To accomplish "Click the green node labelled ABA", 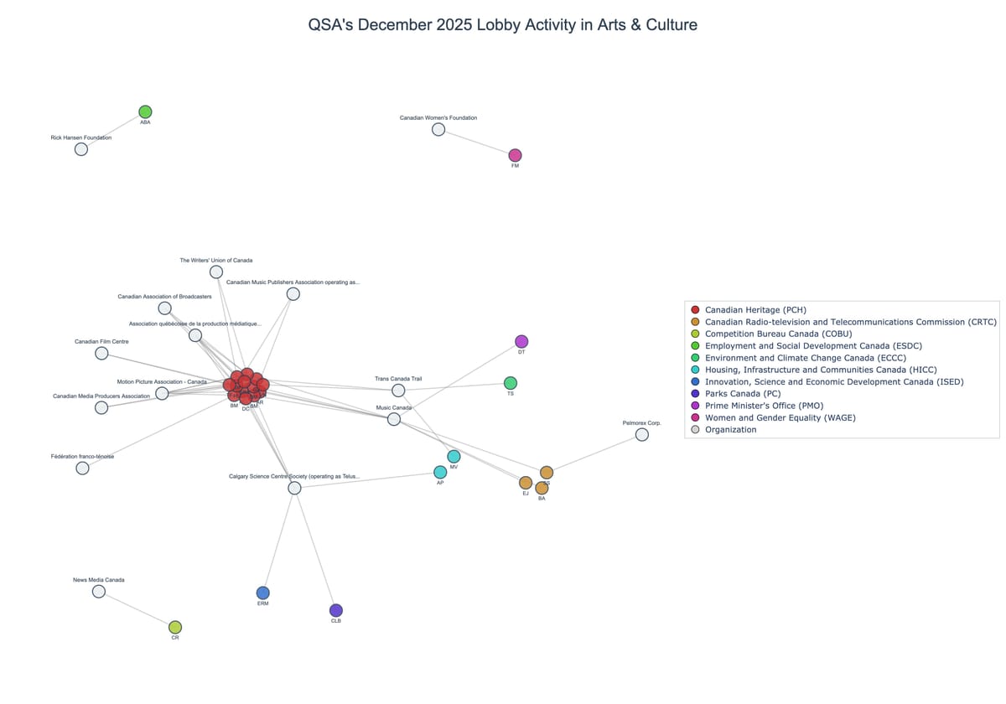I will [145, 112].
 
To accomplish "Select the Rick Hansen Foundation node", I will [81, 149].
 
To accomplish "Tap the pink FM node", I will [515, 155].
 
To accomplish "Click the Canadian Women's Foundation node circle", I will [438, 129].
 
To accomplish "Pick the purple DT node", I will [521, 341].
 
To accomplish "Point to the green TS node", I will [511, 383].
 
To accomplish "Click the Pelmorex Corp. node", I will [642, 434].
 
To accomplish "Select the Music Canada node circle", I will [394, 419].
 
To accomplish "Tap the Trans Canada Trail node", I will [398, 391].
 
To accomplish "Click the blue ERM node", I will [263, 593].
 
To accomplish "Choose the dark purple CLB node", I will [336, 610].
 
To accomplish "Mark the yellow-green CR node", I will [175, 627].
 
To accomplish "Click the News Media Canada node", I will [99, 591].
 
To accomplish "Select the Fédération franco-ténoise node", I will [82, 468].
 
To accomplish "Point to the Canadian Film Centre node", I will [101, 354].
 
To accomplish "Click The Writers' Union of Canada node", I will [216, 272].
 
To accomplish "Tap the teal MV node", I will [454, 457].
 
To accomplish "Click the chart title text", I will [503, 25].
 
